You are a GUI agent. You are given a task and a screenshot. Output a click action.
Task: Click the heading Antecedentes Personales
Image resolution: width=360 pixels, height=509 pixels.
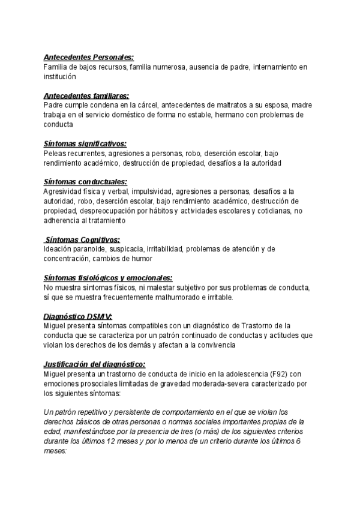(89, 57)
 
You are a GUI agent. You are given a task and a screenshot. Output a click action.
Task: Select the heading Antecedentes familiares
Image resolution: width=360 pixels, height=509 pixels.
(86, 96)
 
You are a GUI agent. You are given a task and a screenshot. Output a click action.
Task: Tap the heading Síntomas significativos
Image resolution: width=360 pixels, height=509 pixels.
(85, 144)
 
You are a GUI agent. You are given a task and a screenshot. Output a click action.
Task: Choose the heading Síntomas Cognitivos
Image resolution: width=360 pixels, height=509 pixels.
(83, 239)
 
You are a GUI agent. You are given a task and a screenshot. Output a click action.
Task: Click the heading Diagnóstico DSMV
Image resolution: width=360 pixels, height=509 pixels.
(78, 316)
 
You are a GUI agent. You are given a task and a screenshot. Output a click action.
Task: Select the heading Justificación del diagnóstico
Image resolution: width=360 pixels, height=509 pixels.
(94, 364)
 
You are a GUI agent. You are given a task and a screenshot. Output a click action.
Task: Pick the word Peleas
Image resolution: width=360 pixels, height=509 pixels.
(55, 153)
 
